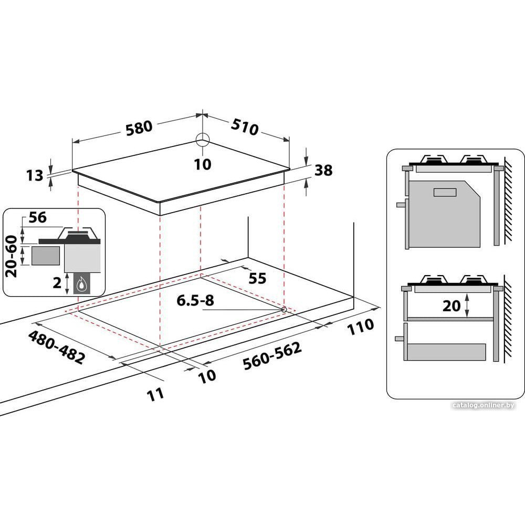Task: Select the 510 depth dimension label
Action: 245,127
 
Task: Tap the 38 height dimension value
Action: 323,171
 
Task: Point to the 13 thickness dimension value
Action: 35,175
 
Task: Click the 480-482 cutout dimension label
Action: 56,347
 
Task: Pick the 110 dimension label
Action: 360,327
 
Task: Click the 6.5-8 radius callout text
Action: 195,300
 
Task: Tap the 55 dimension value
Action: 257,278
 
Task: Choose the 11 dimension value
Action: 155,394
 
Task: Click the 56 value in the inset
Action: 37,218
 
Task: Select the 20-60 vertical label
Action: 12,256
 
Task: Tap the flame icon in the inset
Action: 81,285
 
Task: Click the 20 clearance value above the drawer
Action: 451,306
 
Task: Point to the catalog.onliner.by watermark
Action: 484,405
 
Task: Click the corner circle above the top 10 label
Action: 203,140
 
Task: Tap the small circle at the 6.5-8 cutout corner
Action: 284,310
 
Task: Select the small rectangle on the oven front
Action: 445,193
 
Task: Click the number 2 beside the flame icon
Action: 58,283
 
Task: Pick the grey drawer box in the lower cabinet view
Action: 446,352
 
